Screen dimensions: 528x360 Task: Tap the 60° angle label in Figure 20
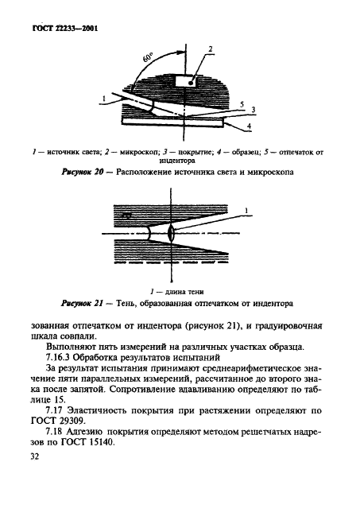(149, 59)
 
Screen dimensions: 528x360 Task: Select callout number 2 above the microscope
(211, 49)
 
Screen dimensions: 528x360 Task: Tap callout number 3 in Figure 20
(252, 111)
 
